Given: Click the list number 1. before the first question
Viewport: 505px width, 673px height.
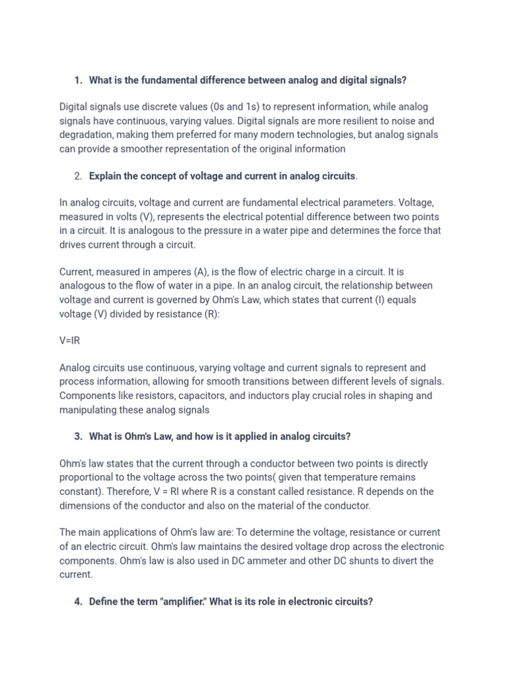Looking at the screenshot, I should click(78, 80).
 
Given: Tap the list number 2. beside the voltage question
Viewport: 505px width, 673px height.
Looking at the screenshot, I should click(78, 176).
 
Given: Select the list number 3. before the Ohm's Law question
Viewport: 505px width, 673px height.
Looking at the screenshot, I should click(78, 436).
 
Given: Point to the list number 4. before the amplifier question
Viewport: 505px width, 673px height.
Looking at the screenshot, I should click(78, 601).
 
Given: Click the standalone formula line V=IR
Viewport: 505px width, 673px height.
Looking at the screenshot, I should click(70, 341).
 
